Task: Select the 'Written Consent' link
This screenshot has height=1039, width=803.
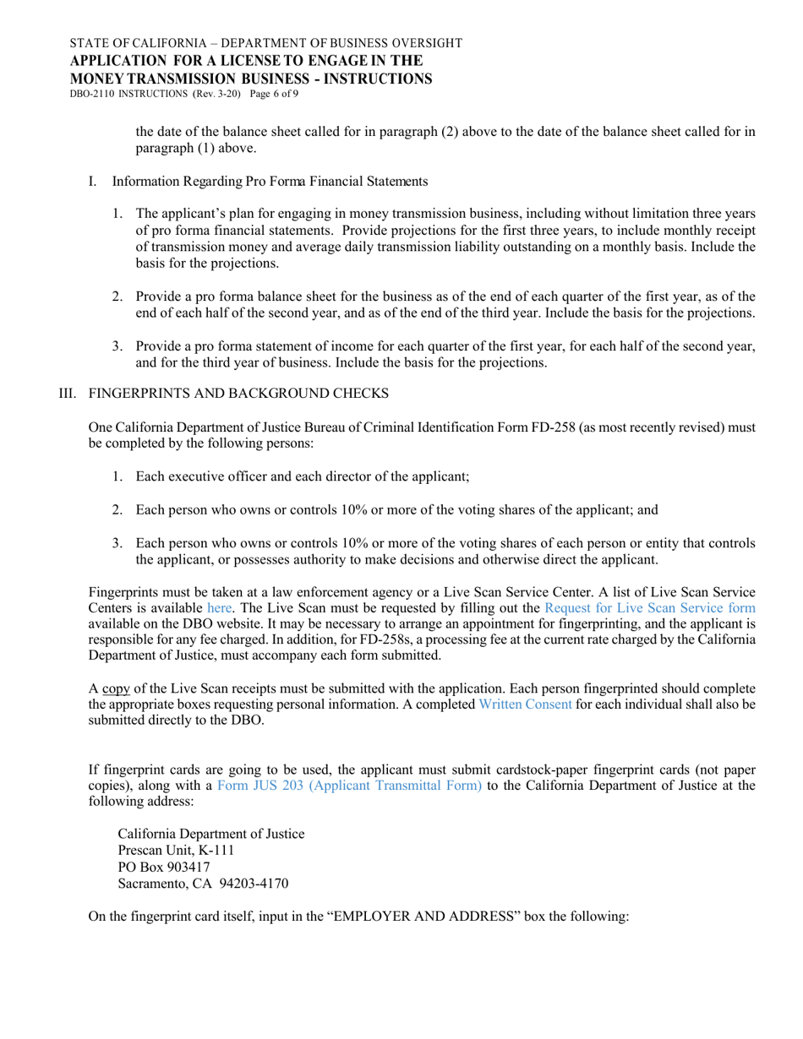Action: [525, 680]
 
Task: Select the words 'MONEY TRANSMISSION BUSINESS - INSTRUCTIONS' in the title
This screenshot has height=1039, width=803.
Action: [251, 79]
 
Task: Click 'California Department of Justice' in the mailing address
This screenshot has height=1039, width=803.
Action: [211, 834]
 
